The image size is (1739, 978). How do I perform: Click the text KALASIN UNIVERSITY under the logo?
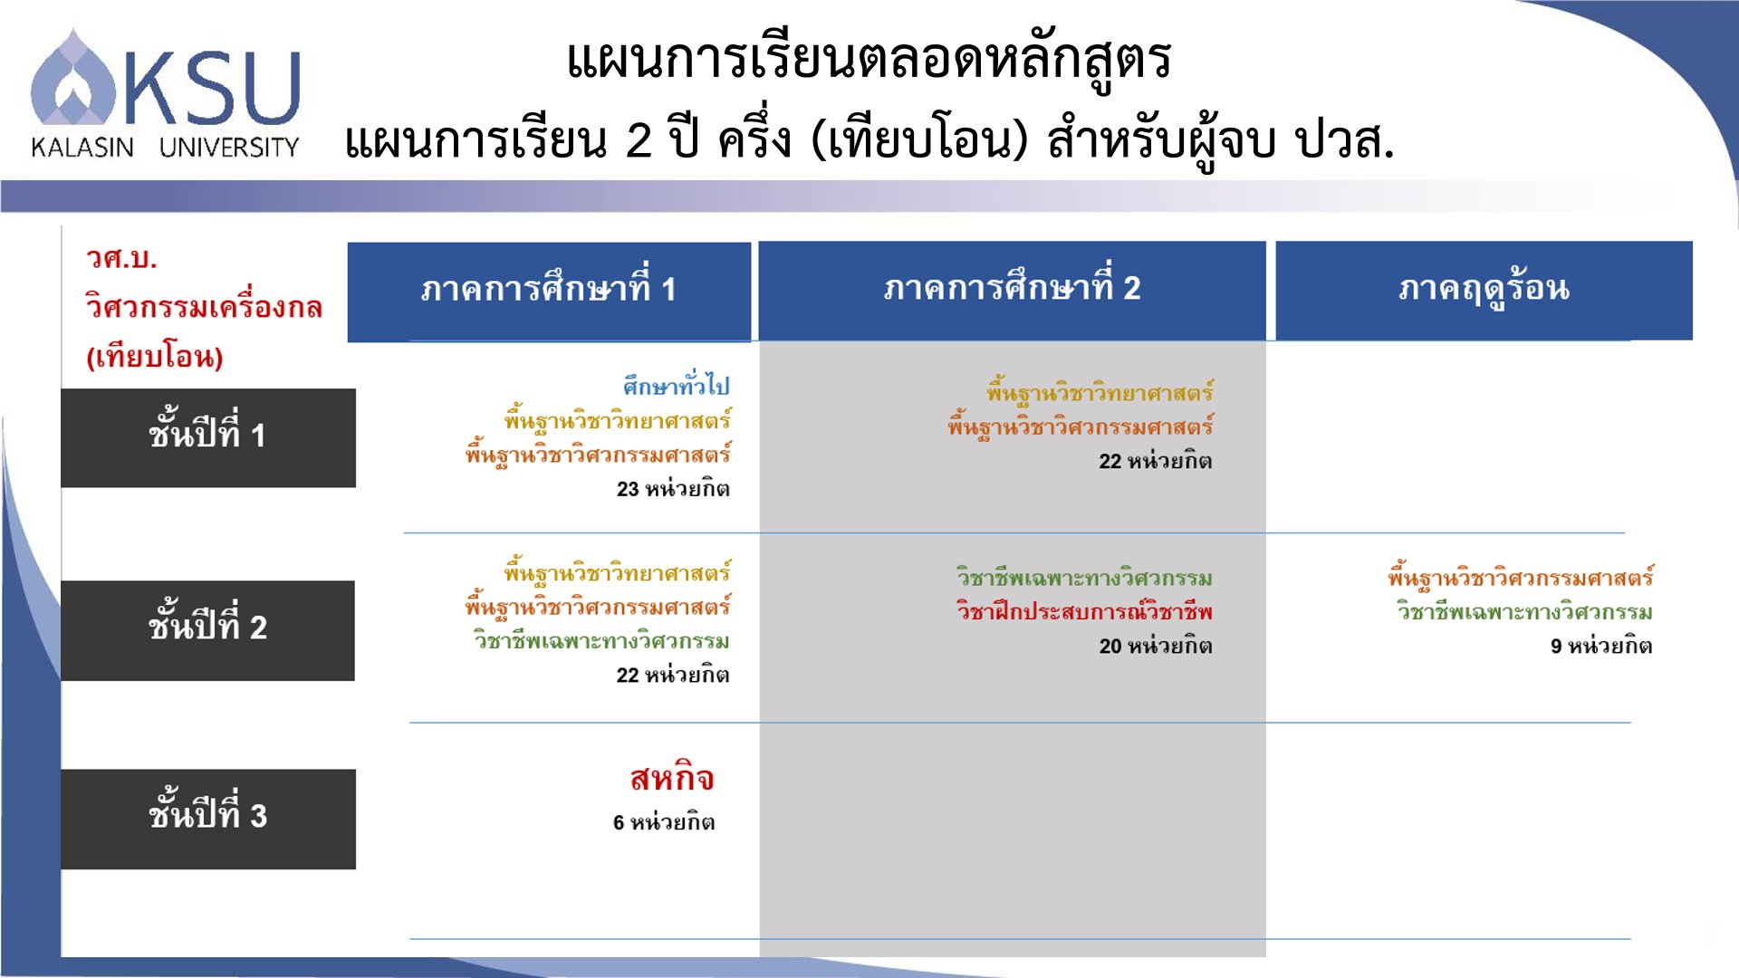click(165, 147)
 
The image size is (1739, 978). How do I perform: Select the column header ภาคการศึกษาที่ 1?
click(549, 290)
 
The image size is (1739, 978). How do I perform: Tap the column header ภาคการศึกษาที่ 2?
click(1012, 289)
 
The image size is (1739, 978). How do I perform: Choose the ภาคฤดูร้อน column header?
click(1484, 289)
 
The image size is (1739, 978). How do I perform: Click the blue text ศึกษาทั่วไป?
click(676, 385)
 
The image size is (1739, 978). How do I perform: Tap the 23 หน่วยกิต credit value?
click(673, 489)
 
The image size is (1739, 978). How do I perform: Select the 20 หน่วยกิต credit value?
click(1156, 646)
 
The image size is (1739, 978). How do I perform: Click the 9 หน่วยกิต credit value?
click(1601, 646)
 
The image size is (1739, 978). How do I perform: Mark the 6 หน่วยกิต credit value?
click(664, 822)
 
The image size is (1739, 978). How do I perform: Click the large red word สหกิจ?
click(672, 778)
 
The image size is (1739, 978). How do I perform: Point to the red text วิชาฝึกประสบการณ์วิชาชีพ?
click(1084, 611)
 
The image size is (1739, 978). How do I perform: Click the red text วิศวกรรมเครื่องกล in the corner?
click(204, 306)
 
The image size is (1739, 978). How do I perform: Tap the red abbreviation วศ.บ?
click(121, 258)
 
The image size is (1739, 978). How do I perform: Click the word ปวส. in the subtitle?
click(1345, 140)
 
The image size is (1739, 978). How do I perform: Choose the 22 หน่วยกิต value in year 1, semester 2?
click(1156, 461)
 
